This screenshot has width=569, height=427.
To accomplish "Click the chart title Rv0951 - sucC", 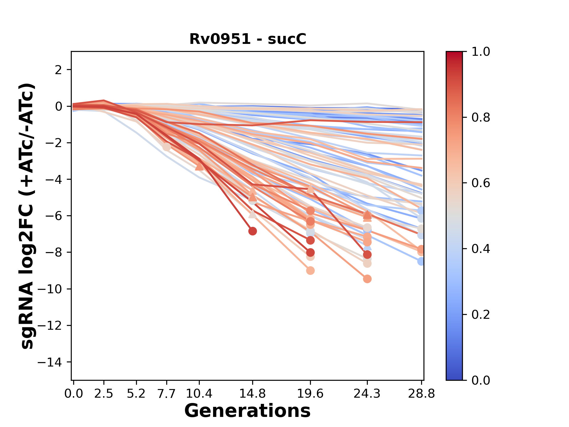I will [248, 39].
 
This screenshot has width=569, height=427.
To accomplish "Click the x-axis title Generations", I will [247, 411].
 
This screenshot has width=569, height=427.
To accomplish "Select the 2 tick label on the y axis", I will [58, 70].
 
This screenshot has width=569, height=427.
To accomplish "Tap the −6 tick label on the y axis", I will [53, 216].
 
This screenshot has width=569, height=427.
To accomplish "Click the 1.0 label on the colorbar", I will [481, 52].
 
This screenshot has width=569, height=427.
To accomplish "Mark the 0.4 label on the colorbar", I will [481, 249].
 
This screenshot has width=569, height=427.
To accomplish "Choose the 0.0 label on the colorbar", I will [481, 380].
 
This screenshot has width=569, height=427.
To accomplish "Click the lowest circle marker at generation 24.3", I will [367, 279].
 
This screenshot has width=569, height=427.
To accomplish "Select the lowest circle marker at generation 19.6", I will [310, 270].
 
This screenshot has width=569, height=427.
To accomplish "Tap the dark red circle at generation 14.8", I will [252, 231].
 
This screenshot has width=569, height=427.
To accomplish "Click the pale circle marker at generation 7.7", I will [167, 147].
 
